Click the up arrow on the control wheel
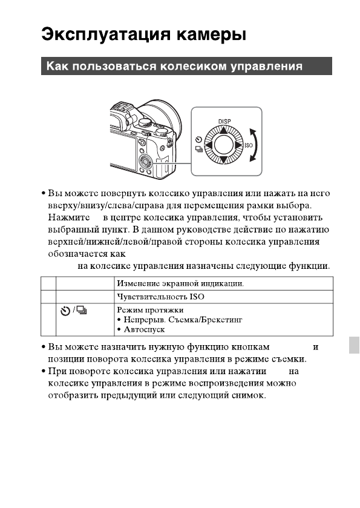pyautogui.click(x=224, y=130)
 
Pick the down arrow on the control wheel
pyautogui.click(x=224, y=160)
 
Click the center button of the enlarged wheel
pyautogui.click(x=224, y=145)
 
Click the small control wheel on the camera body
pyautogui.click(x=145, y=161)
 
